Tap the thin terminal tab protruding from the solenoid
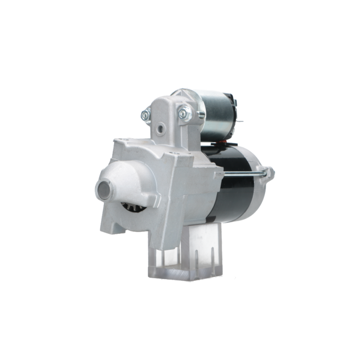242,121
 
